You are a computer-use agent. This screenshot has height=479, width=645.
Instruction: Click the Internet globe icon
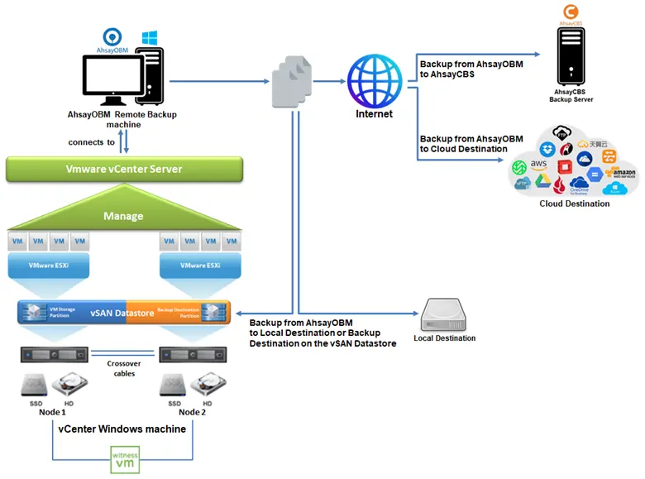pos(375,81)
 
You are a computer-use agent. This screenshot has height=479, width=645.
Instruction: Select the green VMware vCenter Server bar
pos(124,169)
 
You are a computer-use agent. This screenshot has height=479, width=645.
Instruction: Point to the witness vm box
pos(125,457)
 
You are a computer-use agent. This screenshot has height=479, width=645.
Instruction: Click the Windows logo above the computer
pos(150,38)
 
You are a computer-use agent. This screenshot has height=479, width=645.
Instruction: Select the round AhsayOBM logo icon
pos(111,37)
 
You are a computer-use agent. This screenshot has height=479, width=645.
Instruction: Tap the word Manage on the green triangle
pos(123,216)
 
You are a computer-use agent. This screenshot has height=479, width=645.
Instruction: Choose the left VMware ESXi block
pos(45,267)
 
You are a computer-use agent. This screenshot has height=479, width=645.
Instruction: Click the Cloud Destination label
pos(574,204)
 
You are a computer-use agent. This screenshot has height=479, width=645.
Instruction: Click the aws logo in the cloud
pos(541,165)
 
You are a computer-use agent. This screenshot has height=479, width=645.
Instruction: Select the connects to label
pos(91,142)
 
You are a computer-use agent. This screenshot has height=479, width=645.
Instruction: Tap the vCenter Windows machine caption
pos(122,429)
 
